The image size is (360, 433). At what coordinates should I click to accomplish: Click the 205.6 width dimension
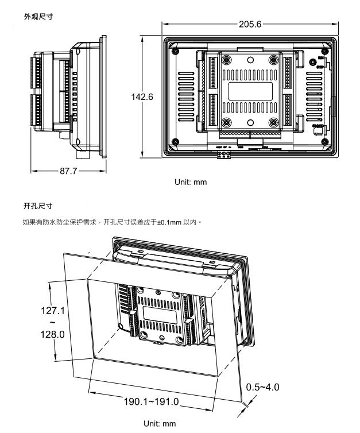247,24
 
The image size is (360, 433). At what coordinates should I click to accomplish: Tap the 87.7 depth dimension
68,171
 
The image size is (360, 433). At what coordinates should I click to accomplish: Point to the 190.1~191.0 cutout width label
152,401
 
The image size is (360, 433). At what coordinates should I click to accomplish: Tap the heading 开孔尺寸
36,205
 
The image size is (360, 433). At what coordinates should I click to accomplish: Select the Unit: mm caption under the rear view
191,182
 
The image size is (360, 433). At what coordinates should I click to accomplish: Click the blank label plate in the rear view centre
250,91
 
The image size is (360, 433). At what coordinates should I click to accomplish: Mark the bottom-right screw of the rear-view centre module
273,122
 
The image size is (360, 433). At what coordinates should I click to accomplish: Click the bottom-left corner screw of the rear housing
173,142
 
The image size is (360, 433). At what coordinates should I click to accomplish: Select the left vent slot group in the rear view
184,91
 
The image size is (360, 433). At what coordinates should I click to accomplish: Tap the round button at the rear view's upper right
313,64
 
